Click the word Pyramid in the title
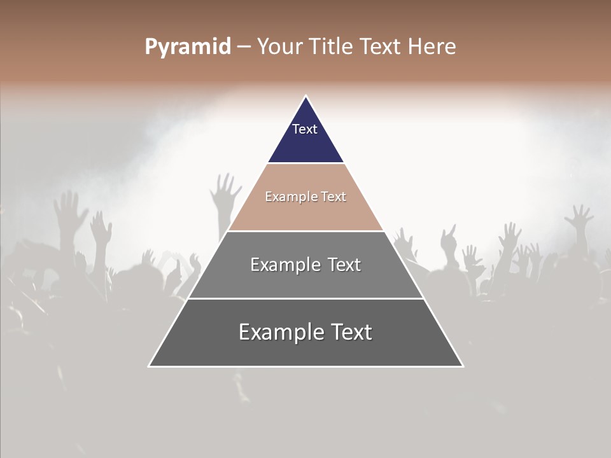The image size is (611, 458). click(187, 47)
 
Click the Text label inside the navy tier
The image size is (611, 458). click(305, 129)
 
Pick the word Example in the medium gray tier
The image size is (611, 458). click(284, 265)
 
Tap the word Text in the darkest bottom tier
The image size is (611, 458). click(351, 332)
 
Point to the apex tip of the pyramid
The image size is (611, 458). click(305, 97)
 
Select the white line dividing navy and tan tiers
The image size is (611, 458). click(305, 163)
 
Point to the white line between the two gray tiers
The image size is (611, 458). click(305, 298)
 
